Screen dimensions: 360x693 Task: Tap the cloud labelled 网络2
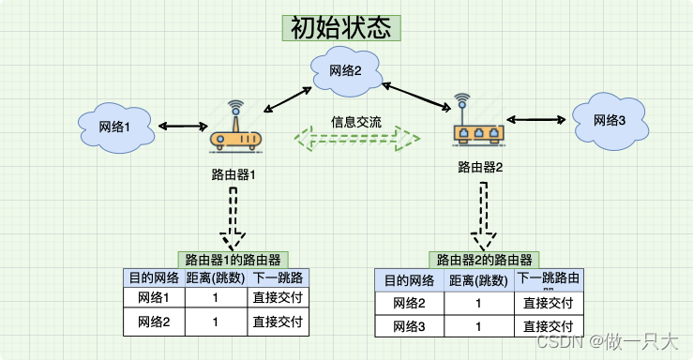[x=344, y=69]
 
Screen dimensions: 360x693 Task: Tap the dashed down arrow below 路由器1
[x=234, y=217]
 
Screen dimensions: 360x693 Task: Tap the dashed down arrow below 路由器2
[x=484, y=217]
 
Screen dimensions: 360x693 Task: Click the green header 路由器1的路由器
[x=234, y=260]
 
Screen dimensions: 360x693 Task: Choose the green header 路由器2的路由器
[x=484, y=260]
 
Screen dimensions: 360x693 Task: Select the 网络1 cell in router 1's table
[x=154, y=298]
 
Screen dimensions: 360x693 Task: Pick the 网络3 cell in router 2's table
[x=409, y=326]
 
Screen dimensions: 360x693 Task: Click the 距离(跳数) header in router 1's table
[x=215, y=277]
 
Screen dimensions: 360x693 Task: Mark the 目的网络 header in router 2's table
[x=409, y=281]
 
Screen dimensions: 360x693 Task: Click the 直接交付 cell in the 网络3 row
[x=549, y=326]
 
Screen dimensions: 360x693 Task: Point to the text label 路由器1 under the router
[x=234, y=175]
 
